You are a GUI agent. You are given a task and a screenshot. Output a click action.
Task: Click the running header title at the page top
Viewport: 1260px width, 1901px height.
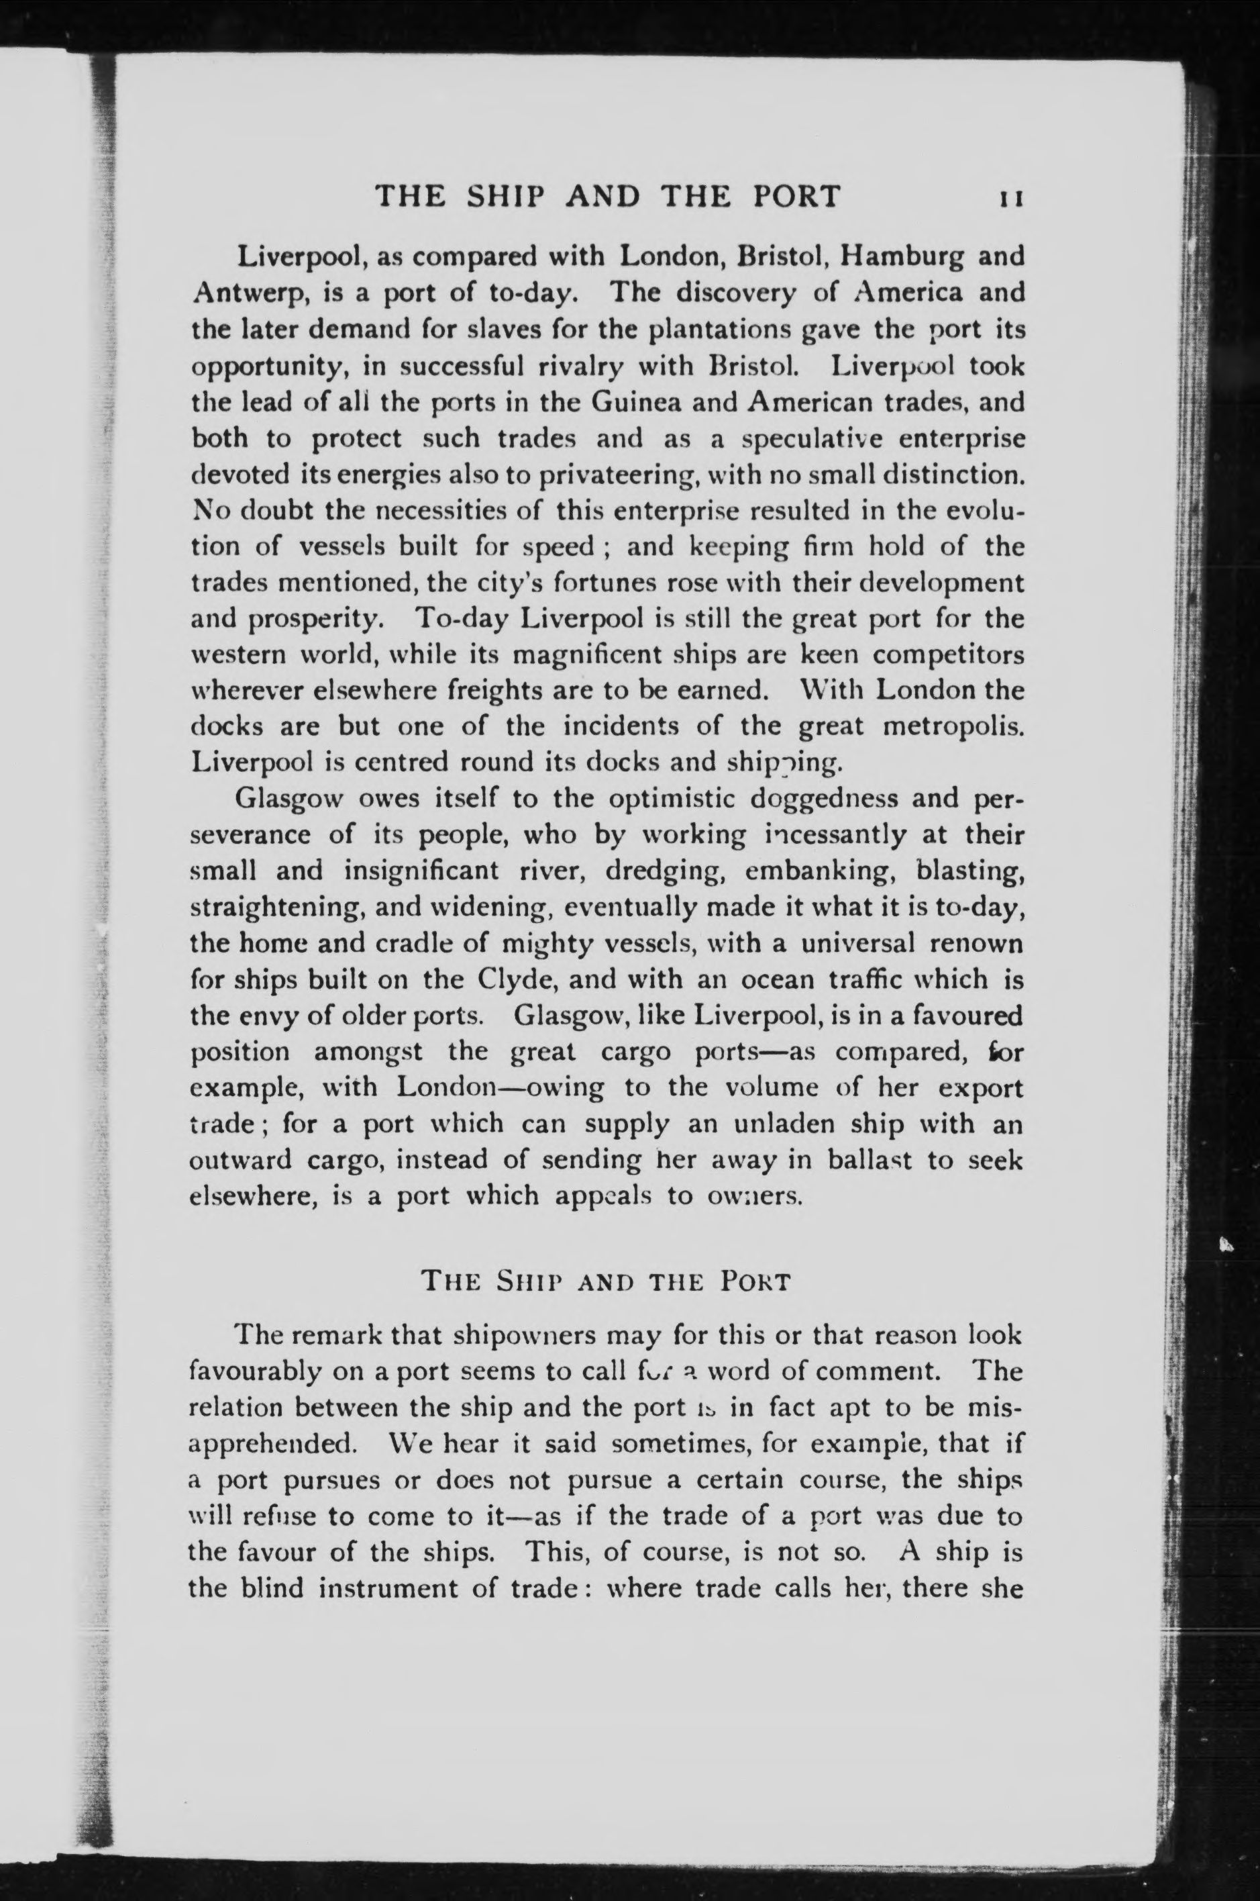pos(609,197)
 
